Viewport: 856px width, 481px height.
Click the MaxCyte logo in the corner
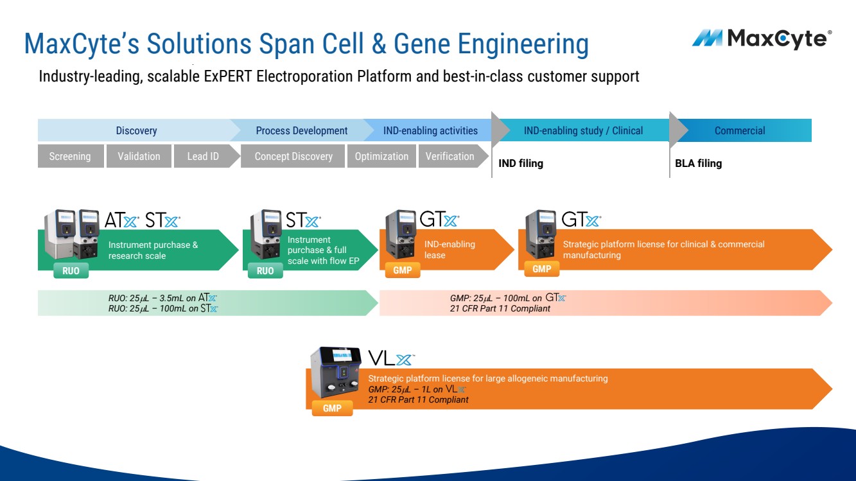coord(762,39)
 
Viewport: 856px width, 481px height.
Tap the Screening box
coord(70,156)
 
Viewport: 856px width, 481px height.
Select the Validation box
coord(139,156)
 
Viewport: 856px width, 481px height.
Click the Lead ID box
coord(203,156)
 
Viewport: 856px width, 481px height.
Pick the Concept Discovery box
coord(293,156)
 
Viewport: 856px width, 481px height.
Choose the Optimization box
coord(381,156)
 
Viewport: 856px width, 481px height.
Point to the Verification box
coord(450,156)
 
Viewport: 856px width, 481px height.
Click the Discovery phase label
coord(136,130)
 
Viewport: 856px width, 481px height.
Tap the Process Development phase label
coord(302,130)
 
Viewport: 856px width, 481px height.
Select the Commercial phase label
coord(740,130)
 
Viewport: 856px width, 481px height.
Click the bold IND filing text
coord(521,164)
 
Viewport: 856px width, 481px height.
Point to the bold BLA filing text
coord(699,164)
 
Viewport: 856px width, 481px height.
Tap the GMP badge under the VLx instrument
coord(332,408)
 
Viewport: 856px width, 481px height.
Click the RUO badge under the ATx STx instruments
coord(71,270)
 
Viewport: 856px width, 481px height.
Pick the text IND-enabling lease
coord(450,250)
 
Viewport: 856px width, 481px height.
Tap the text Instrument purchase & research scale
coord(153,250)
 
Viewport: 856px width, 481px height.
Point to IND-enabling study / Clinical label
coord(583,130)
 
